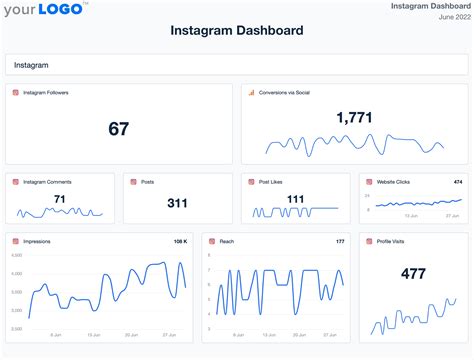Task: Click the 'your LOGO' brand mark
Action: click(45, 11)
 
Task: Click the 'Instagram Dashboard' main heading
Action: click(236, 31)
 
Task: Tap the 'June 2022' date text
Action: click(447, 18)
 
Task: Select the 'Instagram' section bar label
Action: click(32, 64)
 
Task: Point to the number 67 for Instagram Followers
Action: click(119, 128)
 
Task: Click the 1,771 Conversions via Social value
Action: click(354, 117)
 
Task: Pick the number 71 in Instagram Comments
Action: click(60, 199)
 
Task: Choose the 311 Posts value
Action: click(178, 203)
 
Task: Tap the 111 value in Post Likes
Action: click(295, 199)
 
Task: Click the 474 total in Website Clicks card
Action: click(457, 182)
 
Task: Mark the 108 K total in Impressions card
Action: click(180, 241)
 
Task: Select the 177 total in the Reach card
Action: click(340, 241)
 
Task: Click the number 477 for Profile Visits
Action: click(413, 273)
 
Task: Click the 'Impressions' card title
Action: click(37, 241)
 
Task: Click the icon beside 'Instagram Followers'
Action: click(15, 93)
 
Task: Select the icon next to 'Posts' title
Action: click(133, 182)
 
